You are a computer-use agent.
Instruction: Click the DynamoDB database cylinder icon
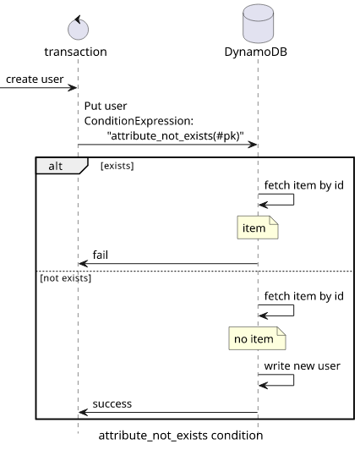tap(258, 24)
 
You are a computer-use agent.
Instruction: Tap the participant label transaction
tap(76, 52)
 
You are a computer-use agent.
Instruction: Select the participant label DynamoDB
tap(256, 52)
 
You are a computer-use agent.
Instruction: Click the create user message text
tap(35, 80)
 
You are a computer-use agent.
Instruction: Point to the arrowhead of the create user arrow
tap(75, 87)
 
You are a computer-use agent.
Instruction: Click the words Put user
tap(106, 107)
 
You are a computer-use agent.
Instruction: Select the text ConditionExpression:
tap(139, 121)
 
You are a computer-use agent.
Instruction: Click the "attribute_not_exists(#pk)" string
tap(176, 135)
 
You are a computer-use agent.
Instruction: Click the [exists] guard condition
tap(117, 166)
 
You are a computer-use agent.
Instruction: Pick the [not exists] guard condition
tap(66, 278)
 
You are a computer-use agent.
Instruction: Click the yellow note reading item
tap(258, 228)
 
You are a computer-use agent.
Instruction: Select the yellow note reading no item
tap(257, 338)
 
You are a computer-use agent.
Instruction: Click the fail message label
tap(101, 255)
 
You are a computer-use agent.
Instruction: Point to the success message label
tap(112, 403)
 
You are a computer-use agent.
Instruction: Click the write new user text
tap(302, 366)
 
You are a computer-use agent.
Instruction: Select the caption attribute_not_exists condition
tap(181, 436)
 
